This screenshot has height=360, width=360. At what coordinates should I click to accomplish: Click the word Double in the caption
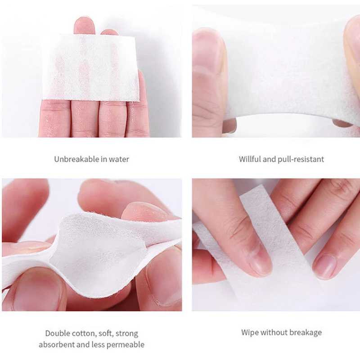[57, 333]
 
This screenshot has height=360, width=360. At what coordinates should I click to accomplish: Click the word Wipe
[249, 333]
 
